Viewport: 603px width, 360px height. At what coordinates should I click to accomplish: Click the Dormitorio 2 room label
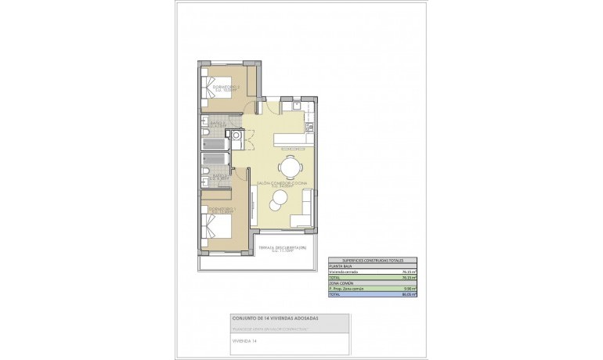(224, 88)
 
